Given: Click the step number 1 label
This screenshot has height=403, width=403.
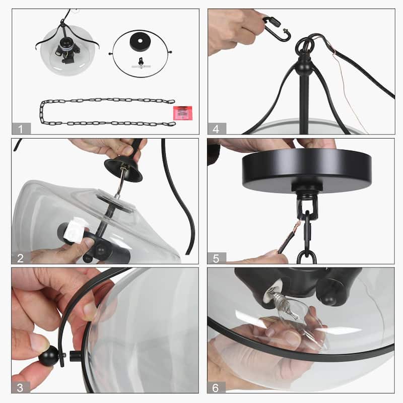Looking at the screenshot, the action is pyautogui.click(x=21, y=128).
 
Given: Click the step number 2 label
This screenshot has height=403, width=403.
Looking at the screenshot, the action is pyautogui.click(x=20, y=258).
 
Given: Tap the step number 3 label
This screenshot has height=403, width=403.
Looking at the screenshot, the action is pyautogui.click(x=20, y=387).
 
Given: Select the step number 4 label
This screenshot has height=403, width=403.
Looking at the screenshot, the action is pyautogui.click(x=217, y=128).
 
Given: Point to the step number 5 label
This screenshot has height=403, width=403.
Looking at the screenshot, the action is pyautogui.click(x=217, y=258).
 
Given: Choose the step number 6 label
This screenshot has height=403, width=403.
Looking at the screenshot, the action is pyautogui.click(x=216, y=387).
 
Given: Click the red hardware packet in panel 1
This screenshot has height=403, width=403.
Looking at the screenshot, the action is pyautogui.click(x=183, y=113).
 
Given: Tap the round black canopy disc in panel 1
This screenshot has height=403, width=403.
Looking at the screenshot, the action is pyautogui.click(x=140, y=41).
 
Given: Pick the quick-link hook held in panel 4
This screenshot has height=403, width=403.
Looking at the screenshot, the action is pyautogui.click(x=277, y=29).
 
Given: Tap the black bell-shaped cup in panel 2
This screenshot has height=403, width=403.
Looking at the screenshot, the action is pyautogui.click(x=123, y=169).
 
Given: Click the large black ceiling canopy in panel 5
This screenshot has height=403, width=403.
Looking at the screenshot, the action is pyautogui.click(x=306, y=170).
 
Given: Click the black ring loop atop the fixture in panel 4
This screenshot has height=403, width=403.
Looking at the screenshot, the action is pyautogui.click(x=305, y=44).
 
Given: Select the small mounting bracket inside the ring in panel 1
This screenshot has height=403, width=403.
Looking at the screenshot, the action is pyautogui.click(x=141, y=63).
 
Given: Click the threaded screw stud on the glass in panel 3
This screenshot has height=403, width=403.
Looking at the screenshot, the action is pyautogui.click(x=75, y=356).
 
